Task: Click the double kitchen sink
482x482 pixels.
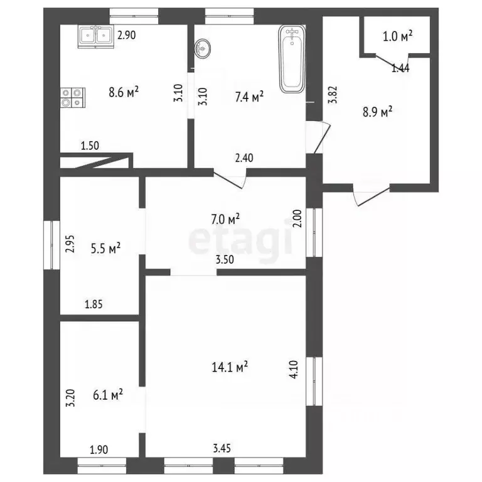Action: tap(96, 36)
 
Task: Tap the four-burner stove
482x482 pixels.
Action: tap(73, 98)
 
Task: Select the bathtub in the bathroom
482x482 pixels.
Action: tap(292, 58)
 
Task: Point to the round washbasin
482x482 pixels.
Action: tap(203, 48)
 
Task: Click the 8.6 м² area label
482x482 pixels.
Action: tap(124, 92)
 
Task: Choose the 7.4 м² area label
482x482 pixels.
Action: tap(249, 97)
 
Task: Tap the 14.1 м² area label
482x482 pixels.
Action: tap(230, 367)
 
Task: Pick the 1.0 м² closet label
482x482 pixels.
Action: tap(397, 36)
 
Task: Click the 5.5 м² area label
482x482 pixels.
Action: tap(105, 248)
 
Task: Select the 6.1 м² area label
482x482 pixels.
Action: tap(108, 395)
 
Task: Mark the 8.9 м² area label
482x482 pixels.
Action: tap(377, 112)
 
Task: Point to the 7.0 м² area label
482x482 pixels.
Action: tap(225, 219)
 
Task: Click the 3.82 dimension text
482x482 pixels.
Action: tap(333, 95)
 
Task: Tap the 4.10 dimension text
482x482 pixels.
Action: tap(294, 369)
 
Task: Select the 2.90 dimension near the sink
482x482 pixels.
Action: tap(127, 35)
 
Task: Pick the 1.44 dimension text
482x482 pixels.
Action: tap(400, 68)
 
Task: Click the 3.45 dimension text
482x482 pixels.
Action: tap(222, 448)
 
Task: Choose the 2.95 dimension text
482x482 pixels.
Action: tap(70, 244)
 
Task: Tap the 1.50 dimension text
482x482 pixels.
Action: tap(90, 146)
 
